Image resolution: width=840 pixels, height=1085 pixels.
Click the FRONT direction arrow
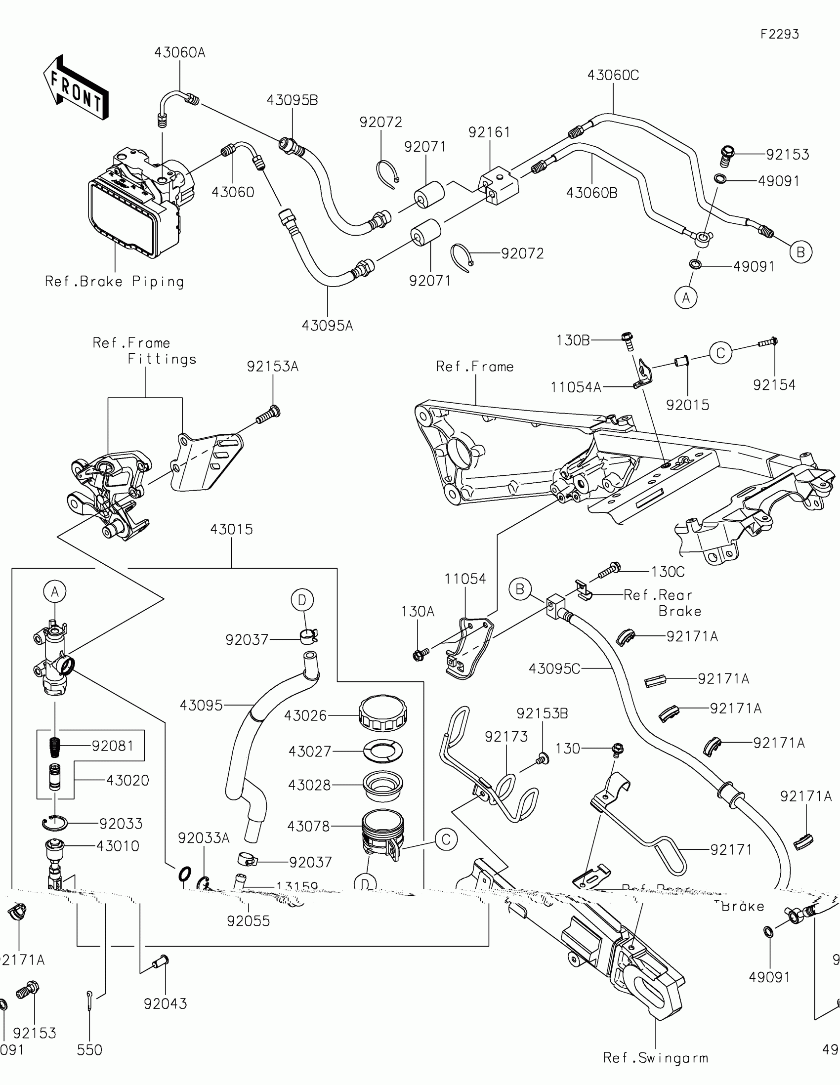[76, 88]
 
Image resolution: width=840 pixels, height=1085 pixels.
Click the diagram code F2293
[779, 34]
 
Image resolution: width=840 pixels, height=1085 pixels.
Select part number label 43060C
[613, 76]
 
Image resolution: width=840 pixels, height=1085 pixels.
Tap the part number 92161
[489, 132]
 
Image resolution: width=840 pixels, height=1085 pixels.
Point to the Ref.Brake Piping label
[114, 282]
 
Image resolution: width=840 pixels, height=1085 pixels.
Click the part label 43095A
[328, 326]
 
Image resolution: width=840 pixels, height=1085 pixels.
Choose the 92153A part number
[273, 367]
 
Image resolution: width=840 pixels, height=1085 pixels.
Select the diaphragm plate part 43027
[383, 751]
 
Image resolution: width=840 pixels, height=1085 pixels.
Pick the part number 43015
[231, 530]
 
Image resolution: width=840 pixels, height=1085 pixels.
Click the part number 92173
[506, 736]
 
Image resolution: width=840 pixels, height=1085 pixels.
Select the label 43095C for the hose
[554, 668]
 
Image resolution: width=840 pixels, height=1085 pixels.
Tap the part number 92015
[687, 405]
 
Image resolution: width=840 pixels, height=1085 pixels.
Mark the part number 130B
[573, 340]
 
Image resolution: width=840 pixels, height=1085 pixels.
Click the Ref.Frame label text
[474, 367]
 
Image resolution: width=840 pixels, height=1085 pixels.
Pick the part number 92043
[166, 1003]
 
